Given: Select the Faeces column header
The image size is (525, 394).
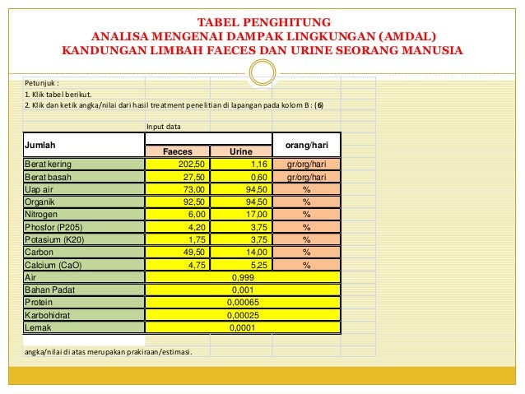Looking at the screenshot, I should (x=177, y=152).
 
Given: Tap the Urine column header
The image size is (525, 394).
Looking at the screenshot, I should (x=241, y=152).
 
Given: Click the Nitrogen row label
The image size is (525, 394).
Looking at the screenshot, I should (x=43, y=214).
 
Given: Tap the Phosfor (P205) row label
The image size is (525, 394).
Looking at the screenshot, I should (x=54, y=227).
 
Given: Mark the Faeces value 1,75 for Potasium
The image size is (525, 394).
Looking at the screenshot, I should (x=194, y=239).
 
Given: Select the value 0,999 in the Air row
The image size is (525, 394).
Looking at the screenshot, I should (x=242, y=277).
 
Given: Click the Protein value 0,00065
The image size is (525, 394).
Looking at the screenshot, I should (x=242, y=303).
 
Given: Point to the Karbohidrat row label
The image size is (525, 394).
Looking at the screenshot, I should (x=47, y=315).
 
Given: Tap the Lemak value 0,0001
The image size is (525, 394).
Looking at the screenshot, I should (x=242, y=327).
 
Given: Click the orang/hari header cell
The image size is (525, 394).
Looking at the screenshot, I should (x=305, y=145).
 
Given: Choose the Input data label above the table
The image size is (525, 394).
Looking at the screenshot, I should (x=164, y=127).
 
